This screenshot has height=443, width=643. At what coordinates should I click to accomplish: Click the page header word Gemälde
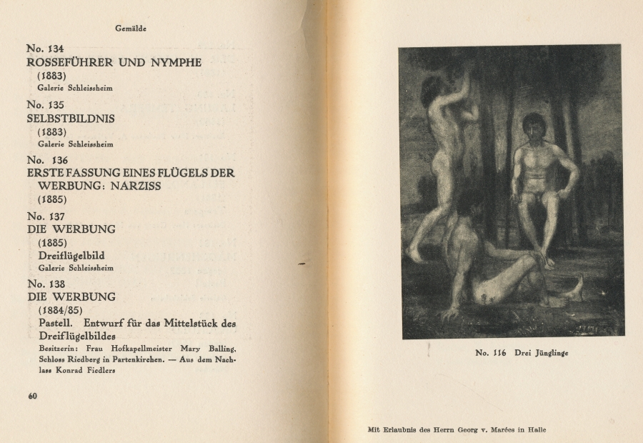(131, 29)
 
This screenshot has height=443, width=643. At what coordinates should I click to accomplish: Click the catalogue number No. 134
(45, 49)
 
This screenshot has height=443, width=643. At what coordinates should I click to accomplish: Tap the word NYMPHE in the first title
(176, 62)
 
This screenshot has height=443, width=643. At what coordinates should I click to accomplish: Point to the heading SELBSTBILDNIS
(71, 118)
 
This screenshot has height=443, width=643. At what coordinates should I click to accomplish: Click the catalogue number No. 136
(47, 160)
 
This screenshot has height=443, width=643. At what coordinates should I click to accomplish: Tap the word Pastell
(56, 323)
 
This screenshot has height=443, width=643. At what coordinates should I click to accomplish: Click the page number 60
(32, 397)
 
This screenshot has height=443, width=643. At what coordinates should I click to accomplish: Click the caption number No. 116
(490, 352)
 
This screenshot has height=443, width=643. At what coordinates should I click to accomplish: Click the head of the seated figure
(534, 126)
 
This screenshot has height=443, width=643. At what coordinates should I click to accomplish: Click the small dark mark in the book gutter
(302, 264)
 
